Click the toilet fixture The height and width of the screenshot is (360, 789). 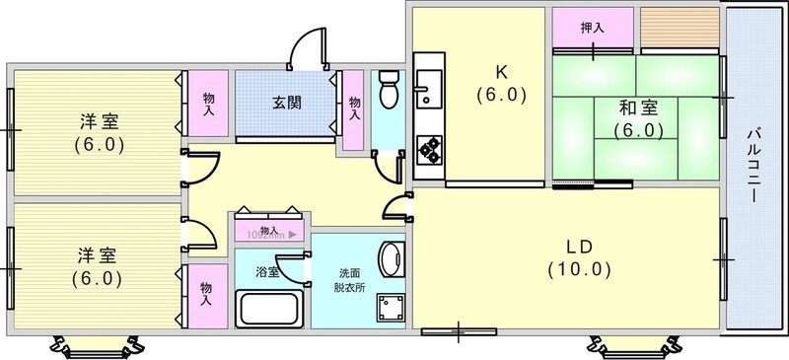coord(388,91)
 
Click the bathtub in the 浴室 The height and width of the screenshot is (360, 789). coord(268,310)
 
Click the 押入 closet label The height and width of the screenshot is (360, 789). coord(592,27)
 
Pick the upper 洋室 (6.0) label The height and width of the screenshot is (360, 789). coord(99,133)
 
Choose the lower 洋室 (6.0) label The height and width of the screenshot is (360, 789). coord(99,266)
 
